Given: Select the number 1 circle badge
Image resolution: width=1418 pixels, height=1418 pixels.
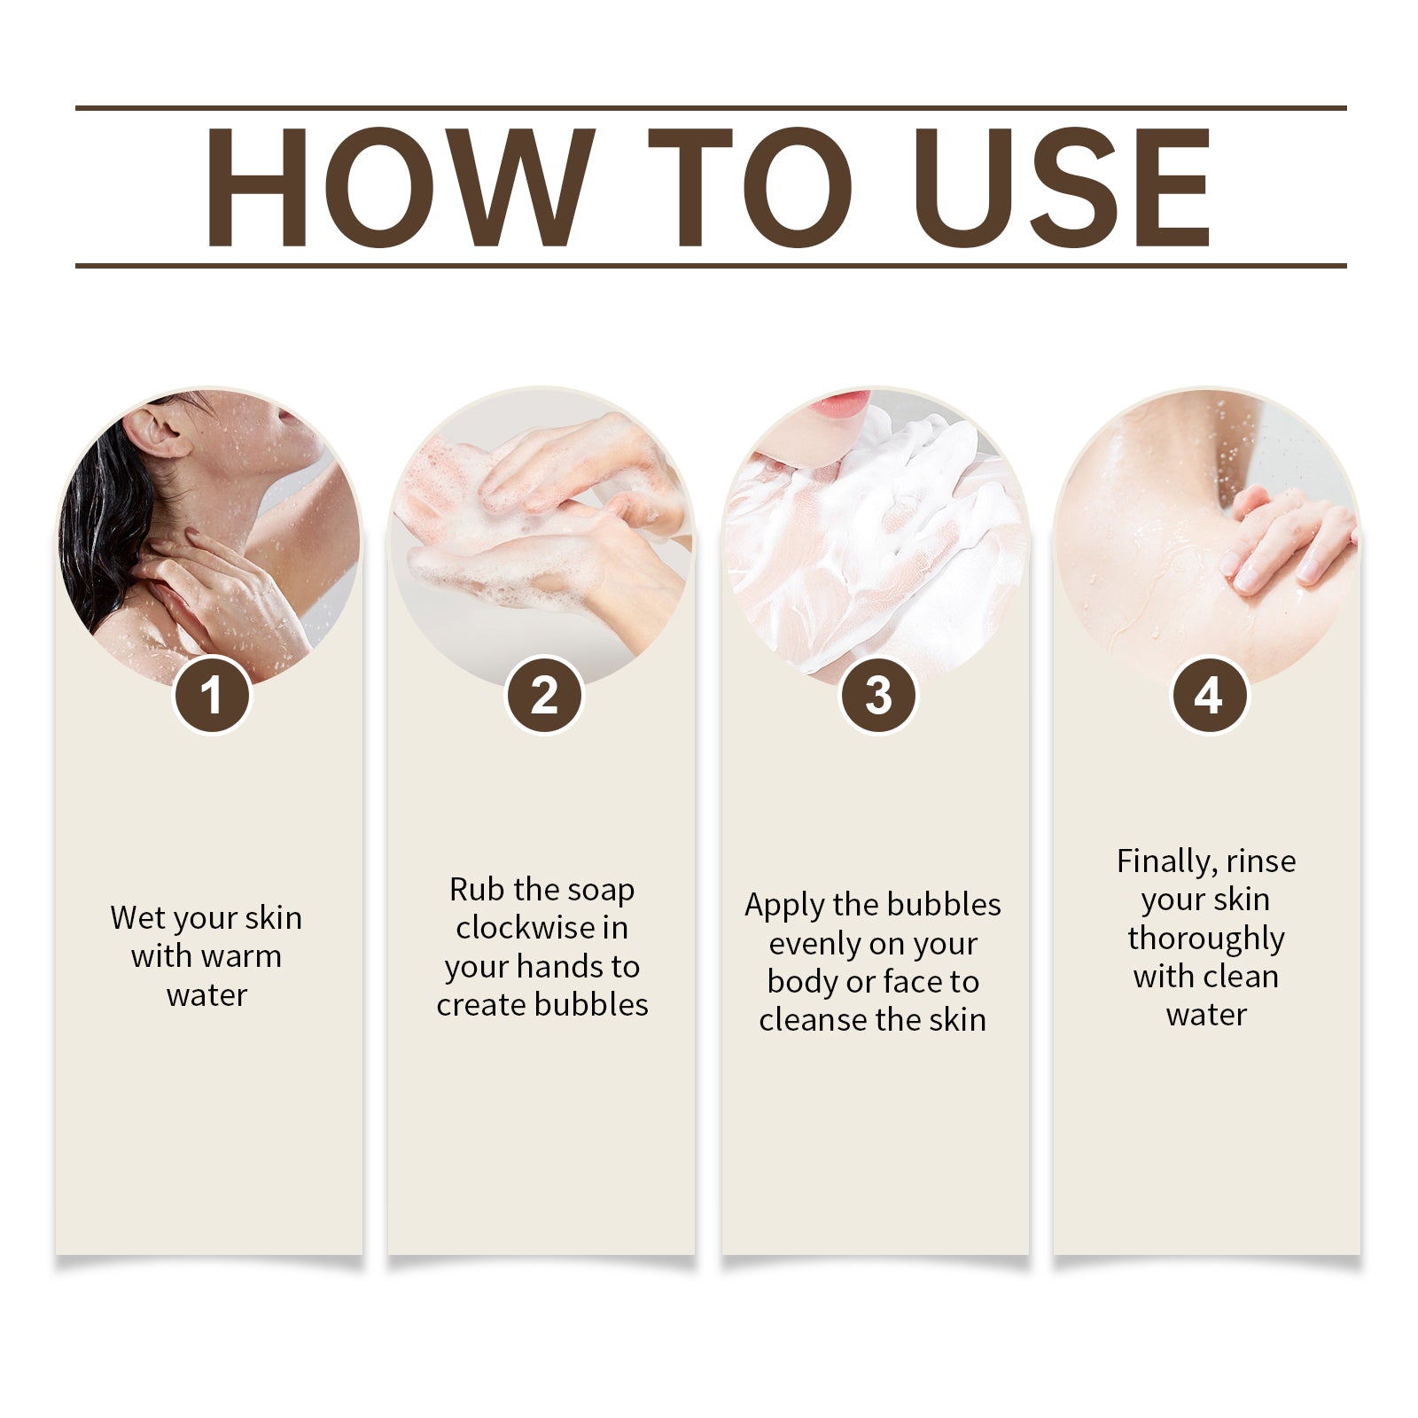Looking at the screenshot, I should coord(211,695).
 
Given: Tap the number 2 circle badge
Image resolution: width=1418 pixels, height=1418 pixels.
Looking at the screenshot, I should coord(544,695).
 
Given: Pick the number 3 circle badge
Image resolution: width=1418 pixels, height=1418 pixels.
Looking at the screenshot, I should coord(877,695).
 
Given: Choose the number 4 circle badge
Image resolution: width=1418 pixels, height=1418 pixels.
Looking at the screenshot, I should coord(1209,695).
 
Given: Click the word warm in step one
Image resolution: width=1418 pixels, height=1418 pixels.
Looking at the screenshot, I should coord(240,956).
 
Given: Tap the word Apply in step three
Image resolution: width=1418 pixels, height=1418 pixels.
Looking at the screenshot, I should coord(784,906).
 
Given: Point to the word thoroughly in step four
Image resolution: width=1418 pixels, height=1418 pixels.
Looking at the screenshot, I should coord(1205,939).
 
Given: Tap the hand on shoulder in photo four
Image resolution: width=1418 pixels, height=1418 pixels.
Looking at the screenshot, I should coord(1285,541).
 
